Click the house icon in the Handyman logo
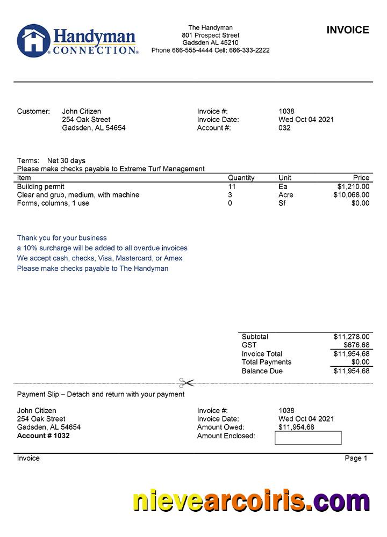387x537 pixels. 33,41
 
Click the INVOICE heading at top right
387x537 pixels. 348,30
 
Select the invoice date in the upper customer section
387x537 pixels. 306,120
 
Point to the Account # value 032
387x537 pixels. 284,128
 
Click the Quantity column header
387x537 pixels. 241,178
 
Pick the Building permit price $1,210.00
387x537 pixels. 353,186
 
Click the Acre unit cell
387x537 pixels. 285,195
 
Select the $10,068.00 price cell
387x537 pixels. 351,195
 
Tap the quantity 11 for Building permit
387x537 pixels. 232,186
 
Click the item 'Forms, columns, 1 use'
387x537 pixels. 53,204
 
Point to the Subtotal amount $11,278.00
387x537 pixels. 351,337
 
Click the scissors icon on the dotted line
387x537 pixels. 187,383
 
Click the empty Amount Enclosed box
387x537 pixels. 308,438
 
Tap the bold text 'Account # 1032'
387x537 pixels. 44,436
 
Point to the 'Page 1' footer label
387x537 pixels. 356,458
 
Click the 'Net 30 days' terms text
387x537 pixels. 66,161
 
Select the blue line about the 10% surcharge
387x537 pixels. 102,248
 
